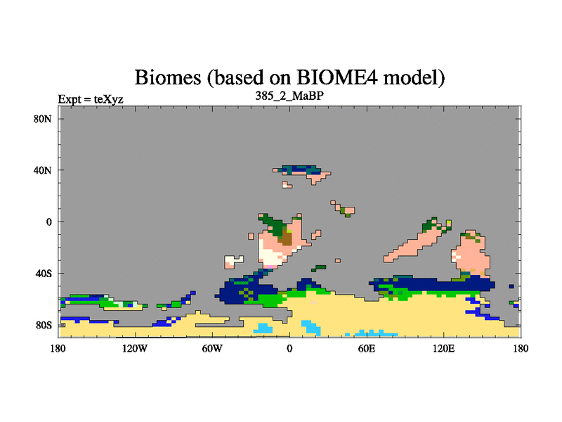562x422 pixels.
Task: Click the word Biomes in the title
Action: pyautogui.click(x=168, y=77)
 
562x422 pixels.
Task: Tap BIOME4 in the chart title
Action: pyautogui.click(x=337, y=77)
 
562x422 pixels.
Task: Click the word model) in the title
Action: pyautogui.click(x=414, y=77)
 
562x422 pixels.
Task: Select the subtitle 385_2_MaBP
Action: pyautogui.click(x=289, y=96)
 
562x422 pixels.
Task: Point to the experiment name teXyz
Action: pyautogui.click(x=109, y=99)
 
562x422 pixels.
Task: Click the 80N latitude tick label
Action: pyautogui.click(x=43, y=119)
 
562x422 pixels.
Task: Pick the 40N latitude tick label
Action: pyautogui.click(x=43, y=170)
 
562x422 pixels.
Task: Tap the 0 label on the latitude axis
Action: pyautogui.click(x=48, y=222)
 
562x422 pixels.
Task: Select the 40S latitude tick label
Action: pyautogui.click(x=44, y=274)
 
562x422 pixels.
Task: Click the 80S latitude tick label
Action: pyautogui.click(x=44, y=325)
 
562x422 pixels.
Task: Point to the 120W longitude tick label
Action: pyautogui.click(x=135, y=348)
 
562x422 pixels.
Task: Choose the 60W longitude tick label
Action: pyautogui.click(x=212, y=348)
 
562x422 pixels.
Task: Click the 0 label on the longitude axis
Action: pyautogui.click(x=289, y=348)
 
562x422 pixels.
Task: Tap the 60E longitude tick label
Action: pyautogui.click(x=367, y=348)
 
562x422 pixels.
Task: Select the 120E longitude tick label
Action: pyautogui.click(x=444, y=348)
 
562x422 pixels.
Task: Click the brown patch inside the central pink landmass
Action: pyautogui.click(x=287, y=237)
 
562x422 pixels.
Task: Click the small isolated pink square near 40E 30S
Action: pyautogui.click(x=338, y=260)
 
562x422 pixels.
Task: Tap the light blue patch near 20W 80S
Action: pyautogui.click(x=263, y=328)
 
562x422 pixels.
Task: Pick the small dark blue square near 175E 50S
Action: pyautogui.click(x=511, y=286)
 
